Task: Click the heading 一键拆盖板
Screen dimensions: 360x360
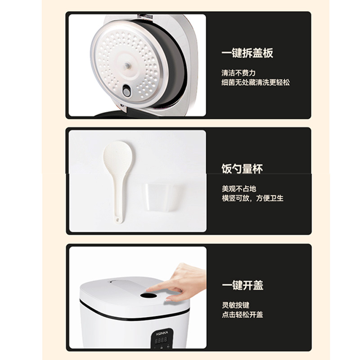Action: coord(247,53)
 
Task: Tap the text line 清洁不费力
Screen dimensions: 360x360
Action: coord(238,73)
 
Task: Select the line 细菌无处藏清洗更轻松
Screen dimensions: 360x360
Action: coord(255,82)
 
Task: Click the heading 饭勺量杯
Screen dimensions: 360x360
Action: coord(242,169)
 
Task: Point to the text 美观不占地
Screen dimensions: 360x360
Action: coord(238,189)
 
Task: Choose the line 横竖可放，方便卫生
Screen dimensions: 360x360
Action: coord(252,198)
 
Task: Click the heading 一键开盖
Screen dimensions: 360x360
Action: coord(242,285)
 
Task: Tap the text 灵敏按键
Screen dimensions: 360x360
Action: coord(235,305)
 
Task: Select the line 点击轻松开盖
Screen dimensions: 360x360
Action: coord(242,315)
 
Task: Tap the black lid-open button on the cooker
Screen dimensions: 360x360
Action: coord(148,296)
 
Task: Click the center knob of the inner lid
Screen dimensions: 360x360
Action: coord(128,66)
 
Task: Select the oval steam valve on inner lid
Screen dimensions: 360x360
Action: coord(127,92)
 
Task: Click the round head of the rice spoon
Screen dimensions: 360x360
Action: coord(117,156)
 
